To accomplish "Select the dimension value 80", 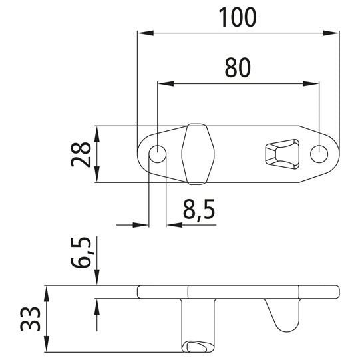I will coord(238,68).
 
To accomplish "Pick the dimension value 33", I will coord(31,319).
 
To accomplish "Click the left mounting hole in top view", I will coord(158,154).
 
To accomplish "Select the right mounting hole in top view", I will coord(319,154).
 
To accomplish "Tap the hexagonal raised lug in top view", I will coord(196,154).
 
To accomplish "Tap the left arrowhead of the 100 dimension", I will coord(142,31).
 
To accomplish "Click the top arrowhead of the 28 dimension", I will coord(98,131).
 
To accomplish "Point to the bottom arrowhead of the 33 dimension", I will coord(47,347).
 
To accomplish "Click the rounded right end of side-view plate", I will coord(335,291).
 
